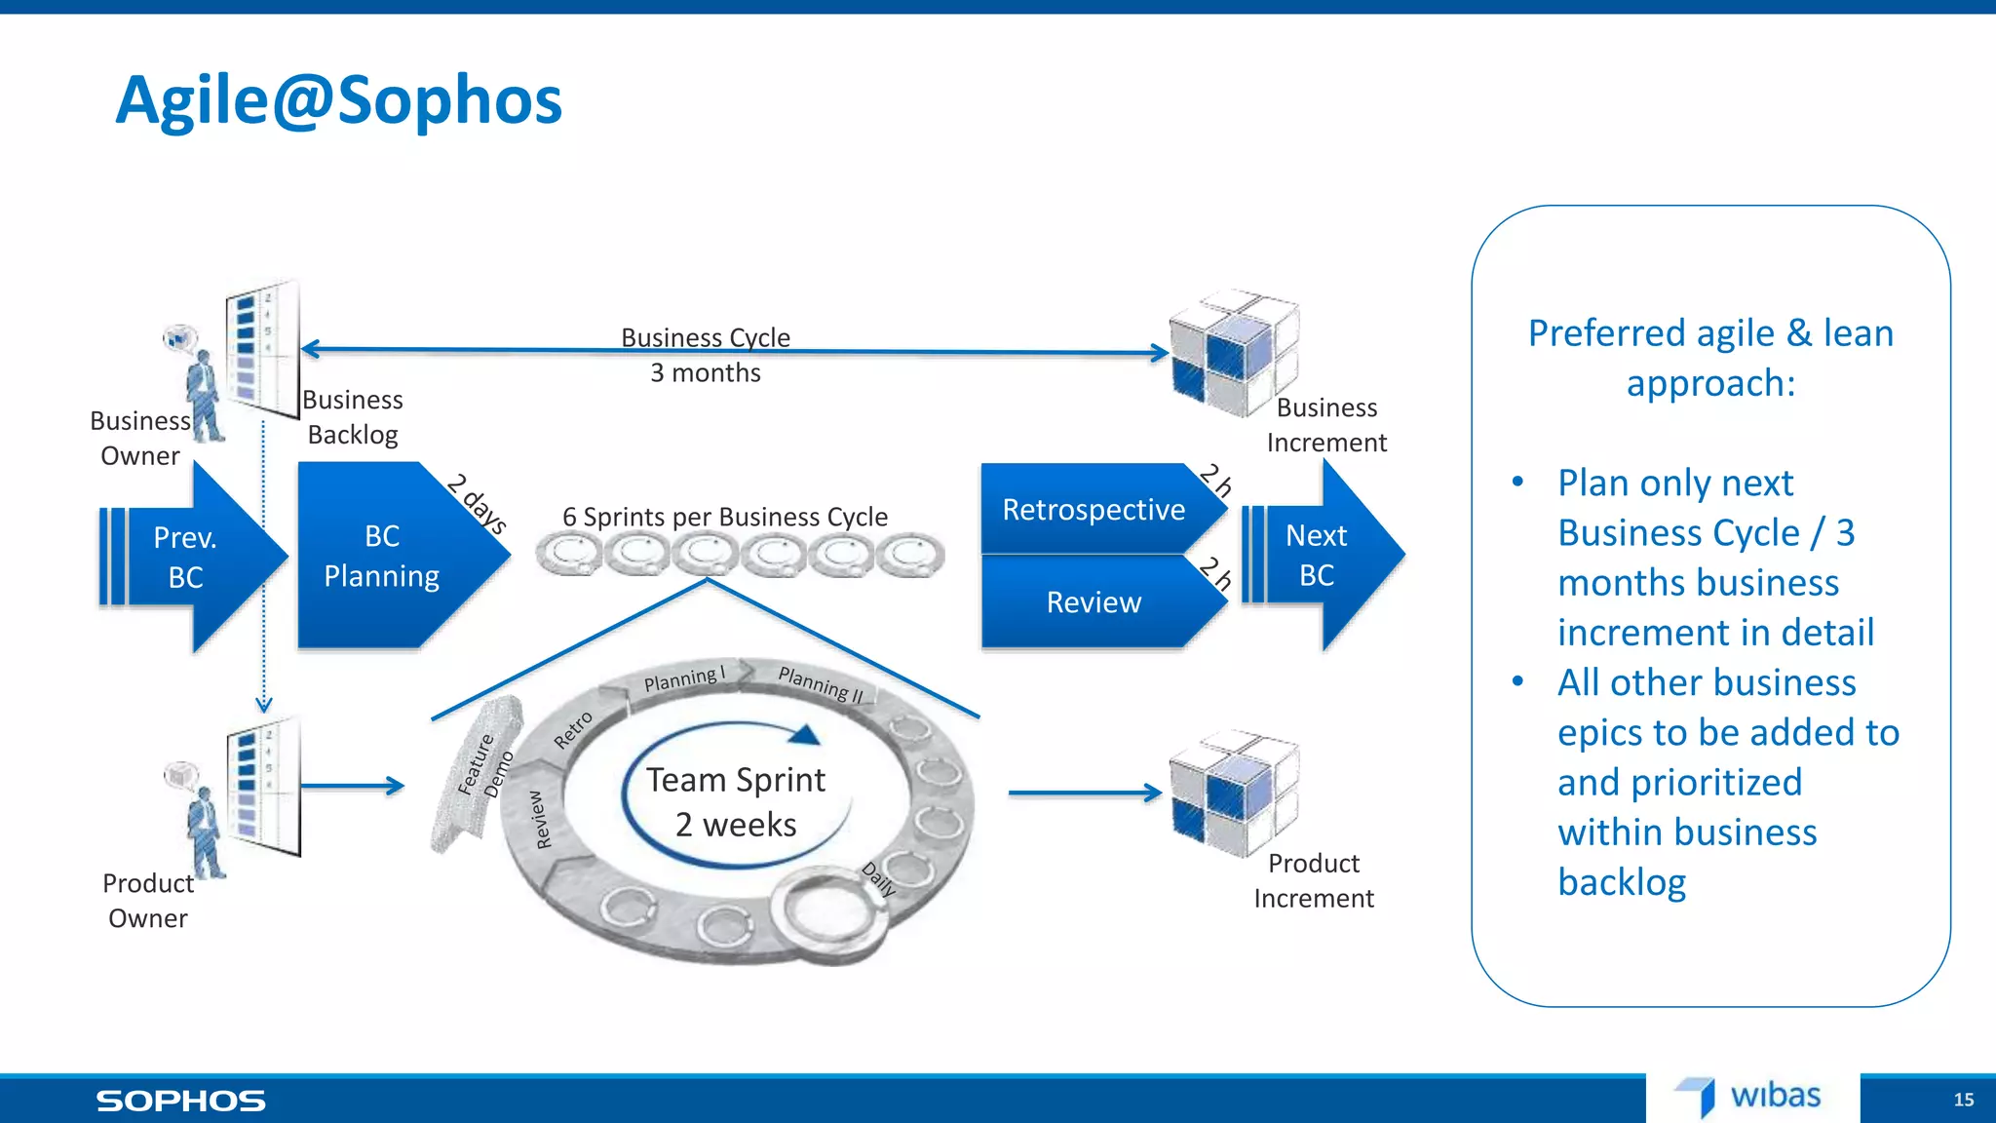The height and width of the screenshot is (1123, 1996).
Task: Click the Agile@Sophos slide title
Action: click(338, 100)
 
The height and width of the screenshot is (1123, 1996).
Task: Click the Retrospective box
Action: click(1094, 510)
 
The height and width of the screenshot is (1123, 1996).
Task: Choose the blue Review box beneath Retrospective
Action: click(1094, 602)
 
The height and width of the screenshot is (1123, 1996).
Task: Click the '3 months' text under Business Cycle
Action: click(705, 373)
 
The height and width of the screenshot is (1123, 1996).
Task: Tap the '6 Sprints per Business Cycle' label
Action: click(724, 517)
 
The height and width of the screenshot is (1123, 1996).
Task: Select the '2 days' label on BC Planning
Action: click(477, 503)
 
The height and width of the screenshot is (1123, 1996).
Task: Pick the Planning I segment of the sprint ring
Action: click(684, 678)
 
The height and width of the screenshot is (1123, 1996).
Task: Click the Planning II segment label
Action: click(821, 683)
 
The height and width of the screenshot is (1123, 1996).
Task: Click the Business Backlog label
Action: click(353, 417)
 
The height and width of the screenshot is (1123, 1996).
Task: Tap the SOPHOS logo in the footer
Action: click(180, 1101)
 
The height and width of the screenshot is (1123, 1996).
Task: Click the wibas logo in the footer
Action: click(1750, 1097)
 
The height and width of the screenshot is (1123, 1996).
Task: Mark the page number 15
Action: click(1963, 1100)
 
